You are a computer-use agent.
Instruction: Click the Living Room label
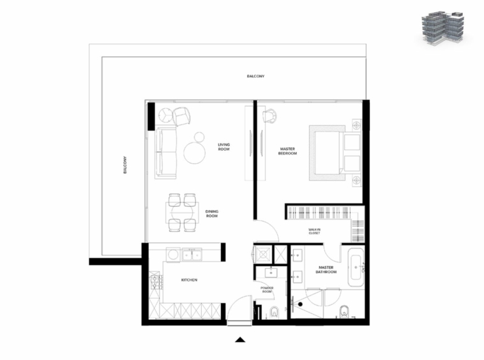tap(223, 147)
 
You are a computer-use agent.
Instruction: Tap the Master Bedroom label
tap(287, 151)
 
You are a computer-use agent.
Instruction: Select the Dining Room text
tap(212, 213)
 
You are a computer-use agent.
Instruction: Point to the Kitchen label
tap(189, 280)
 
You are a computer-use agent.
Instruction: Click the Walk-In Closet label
tap(314, 231)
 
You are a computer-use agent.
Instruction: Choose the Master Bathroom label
tap(326, 269)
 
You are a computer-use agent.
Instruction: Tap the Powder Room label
tap(267, 290)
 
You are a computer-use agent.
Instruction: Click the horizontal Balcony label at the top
tap(255, 76)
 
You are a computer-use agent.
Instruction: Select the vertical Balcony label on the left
tap(125, 165)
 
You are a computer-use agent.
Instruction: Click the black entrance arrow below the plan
tap(240, 340)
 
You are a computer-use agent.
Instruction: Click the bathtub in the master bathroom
tap(356, 267)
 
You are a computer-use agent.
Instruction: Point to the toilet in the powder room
tap(274, 312)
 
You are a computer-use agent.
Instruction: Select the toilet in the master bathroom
tap(344, 311)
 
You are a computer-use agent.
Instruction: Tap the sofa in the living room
tap(166, 153)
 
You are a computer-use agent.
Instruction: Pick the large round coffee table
tap(195, 153)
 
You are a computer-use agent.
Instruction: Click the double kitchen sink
tap(192, 255)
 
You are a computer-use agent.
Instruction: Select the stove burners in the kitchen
tap(155, 281)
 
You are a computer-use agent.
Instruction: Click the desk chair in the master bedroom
tap(269, 117)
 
